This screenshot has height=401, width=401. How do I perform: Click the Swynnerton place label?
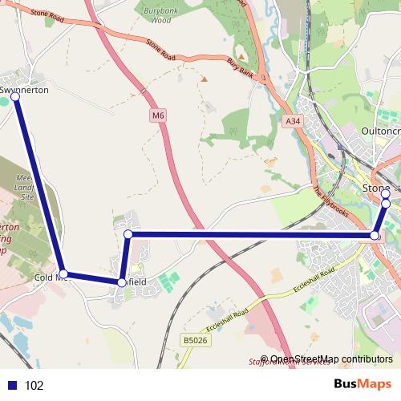coord(25,90)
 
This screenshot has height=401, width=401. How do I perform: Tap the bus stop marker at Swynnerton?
coord(15,97)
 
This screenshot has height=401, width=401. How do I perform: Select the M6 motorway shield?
coord(158,116)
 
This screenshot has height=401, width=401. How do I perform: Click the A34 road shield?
coord(294,121)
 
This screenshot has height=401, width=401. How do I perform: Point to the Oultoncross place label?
coord(380,131)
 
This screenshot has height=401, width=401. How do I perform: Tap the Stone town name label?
coord(375,188)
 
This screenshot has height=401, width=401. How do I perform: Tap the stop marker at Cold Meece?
coord(63,273)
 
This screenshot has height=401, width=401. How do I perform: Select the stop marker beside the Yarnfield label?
coord(122,282)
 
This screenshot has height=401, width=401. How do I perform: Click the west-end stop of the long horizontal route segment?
coord(128,234)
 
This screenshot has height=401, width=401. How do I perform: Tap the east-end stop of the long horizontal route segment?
coord(375,235)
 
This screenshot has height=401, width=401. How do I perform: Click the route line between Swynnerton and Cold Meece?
coord(38,184)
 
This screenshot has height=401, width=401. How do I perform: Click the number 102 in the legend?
coord(34,386)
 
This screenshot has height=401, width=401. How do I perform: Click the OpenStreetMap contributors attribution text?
coord(331,358)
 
